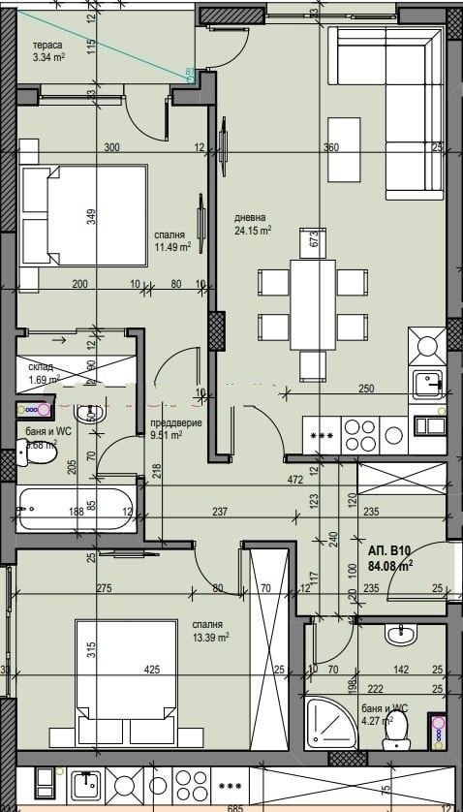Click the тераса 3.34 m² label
(x=48, y=52)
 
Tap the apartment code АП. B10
(x=391, y=548)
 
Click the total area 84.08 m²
(x=391, y=565)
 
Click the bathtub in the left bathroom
(x=76, y=507)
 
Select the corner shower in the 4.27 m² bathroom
(x=329, y=725)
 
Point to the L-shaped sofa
(x=387, y=97)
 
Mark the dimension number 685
(x=231, y=804)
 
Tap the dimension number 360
(x=332, y=148)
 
